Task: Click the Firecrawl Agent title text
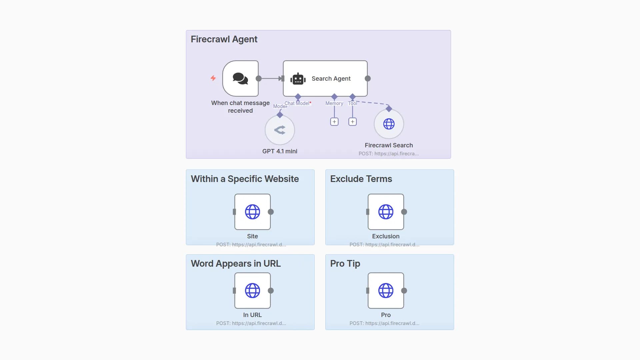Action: pos(224,39)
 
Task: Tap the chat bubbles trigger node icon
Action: pos(240,79)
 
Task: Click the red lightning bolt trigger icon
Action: pos(213,78)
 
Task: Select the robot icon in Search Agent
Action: pos(298,79)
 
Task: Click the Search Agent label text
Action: pos(331,79)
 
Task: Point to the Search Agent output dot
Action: pos(368,79)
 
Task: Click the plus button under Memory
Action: pos(334,122)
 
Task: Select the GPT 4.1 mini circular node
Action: pos(280,130)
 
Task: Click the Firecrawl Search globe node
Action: pos(389,124)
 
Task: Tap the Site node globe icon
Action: pos(252,212)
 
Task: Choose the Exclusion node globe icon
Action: pos(386,212)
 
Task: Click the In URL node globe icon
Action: pos(252,291)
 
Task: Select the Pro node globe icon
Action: pos(386,291)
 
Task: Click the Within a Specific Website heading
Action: pos(245,179)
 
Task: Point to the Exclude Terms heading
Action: pos(361,179)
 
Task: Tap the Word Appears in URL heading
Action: pos(236,264)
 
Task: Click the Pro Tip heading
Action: pos(345,264)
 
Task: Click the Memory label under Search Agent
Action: pos(334,103)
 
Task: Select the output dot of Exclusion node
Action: pos(404,212)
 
